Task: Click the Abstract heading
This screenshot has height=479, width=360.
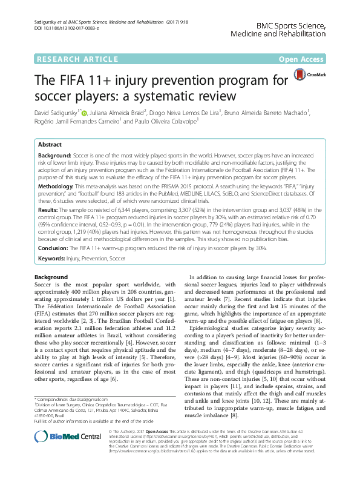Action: click(x=50, y=145)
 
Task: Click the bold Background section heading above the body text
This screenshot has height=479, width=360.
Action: click(x=50, y=276)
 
